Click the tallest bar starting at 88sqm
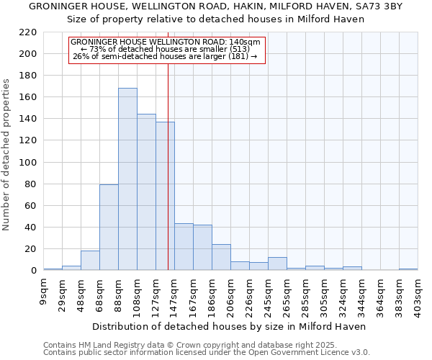[127, 179]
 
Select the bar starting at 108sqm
[146, 192]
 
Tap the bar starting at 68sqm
[109, 228]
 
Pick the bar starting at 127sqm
[165, 196]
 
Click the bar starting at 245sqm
[277, 264]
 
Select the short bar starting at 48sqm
[90, 261]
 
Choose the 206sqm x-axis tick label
[230, 296]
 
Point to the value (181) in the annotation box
[238, 56]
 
